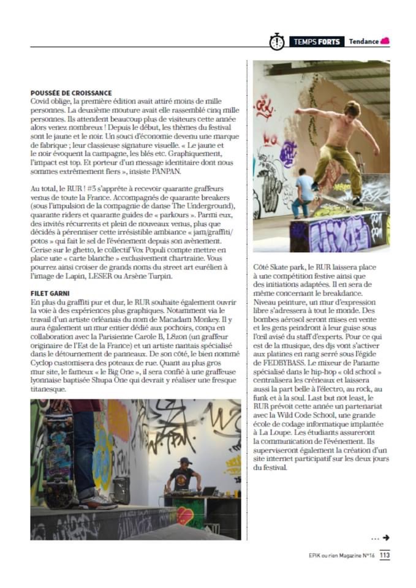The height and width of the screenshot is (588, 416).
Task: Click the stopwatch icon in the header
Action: (276, 42)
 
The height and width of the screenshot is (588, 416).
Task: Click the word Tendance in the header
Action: (363, 42)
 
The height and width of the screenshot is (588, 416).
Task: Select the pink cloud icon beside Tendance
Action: (385, 41)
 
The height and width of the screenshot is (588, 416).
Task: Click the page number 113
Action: (384, 556)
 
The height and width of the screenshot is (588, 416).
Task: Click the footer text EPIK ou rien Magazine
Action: (341, 556)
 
